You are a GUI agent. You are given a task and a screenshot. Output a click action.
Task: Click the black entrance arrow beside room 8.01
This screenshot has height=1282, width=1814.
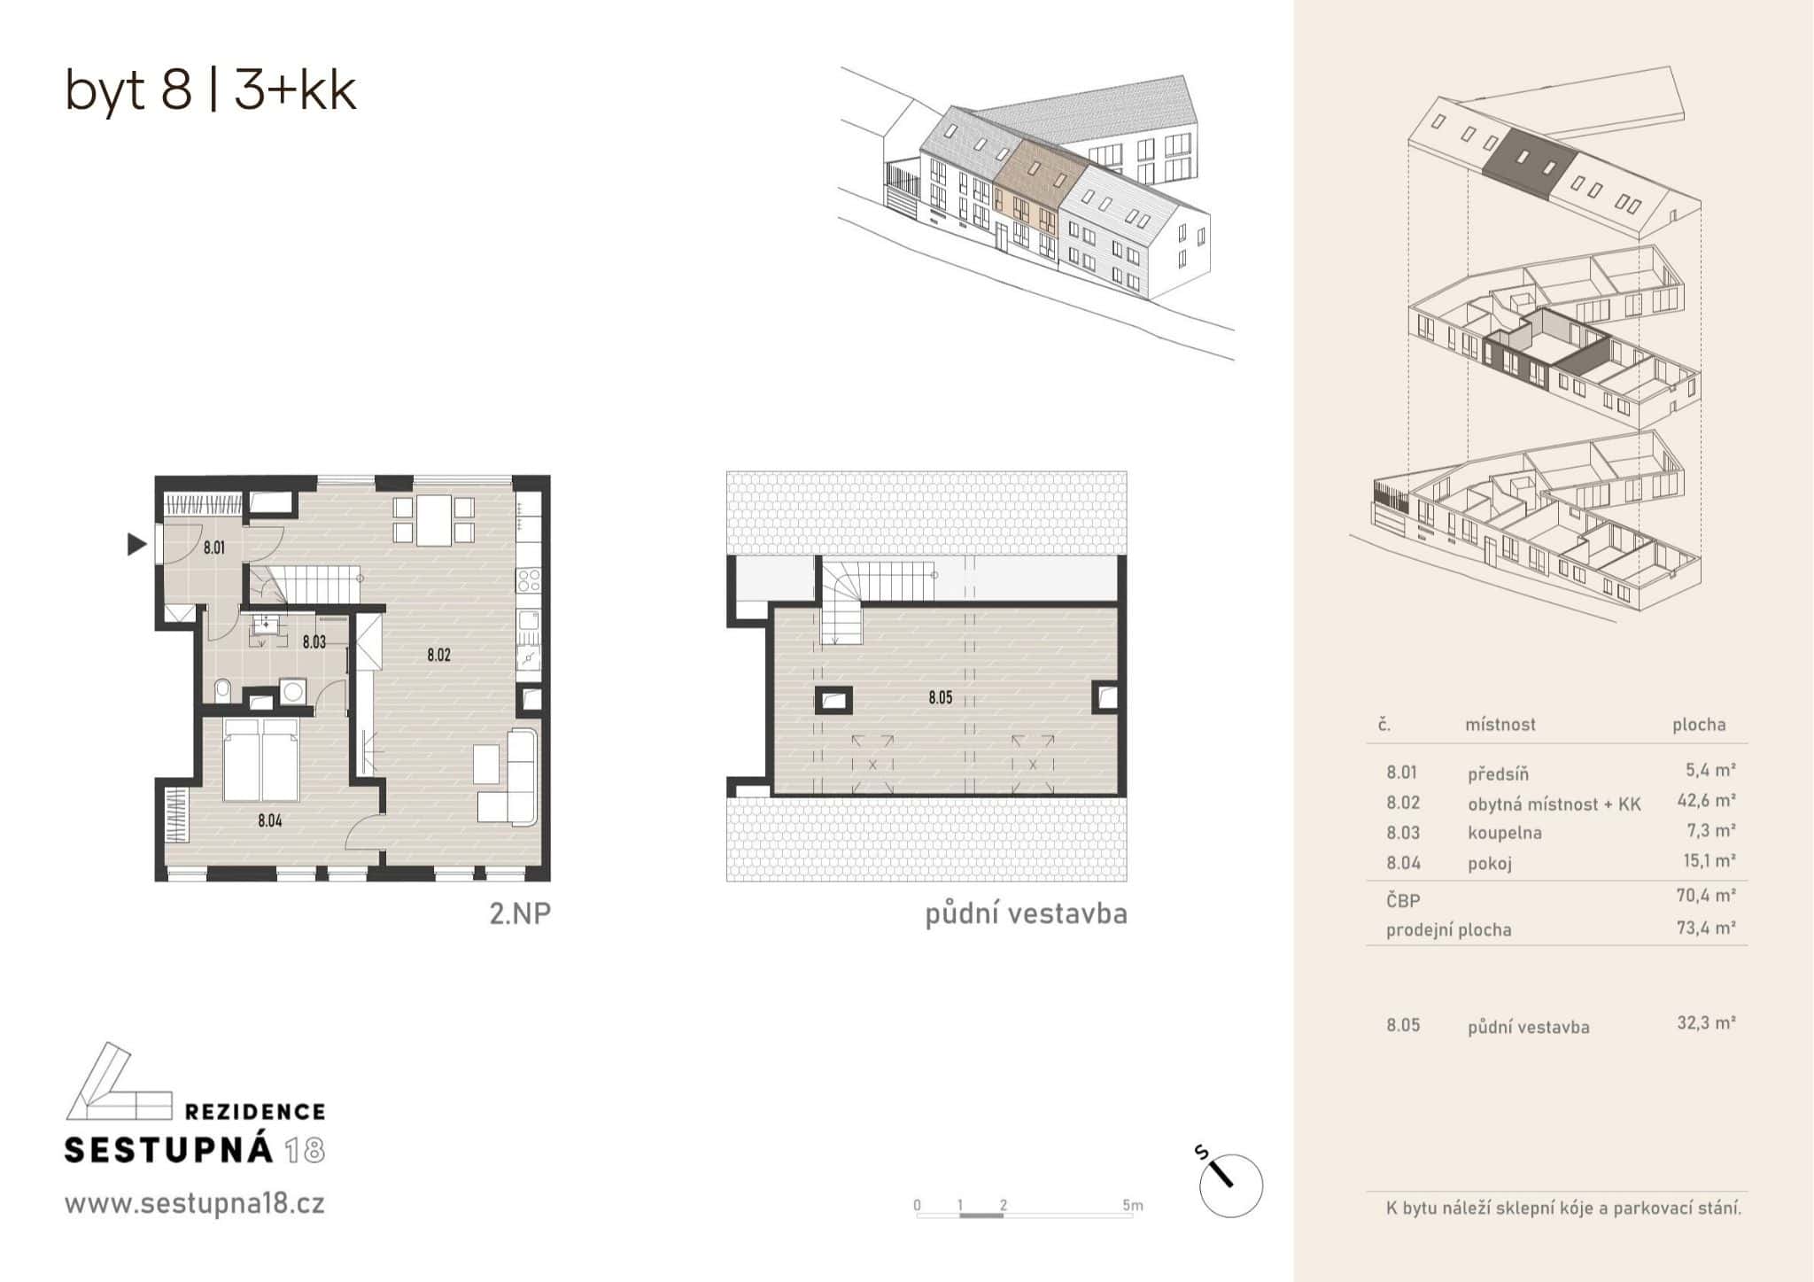(136, 544)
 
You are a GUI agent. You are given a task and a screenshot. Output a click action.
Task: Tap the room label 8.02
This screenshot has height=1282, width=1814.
(438, 656)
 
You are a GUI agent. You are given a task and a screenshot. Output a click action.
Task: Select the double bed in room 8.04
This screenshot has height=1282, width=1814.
(260, 759)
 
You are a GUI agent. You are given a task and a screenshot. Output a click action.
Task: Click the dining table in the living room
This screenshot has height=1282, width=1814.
(434, 520)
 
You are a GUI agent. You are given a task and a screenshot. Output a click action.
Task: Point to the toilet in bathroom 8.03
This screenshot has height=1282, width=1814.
(222, 689)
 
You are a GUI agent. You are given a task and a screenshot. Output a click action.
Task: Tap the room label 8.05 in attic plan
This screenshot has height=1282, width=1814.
(940, 698)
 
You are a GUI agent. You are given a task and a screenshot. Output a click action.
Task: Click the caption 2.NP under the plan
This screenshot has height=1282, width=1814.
(520, 913)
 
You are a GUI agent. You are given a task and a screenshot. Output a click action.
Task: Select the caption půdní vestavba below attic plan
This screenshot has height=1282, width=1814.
(1026, 914)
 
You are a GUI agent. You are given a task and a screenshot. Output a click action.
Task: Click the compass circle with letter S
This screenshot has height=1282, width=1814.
(1230, 1185)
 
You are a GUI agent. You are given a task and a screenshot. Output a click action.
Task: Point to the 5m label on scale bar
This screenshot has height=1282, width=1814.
(1132, 1206)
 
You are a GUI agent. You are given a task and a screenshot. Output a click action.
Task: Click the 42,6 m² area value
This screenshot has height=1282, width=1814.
(1705, 801)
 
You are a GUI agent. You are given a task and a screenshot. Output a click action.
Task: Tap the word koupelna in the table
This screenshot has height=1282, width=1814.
(1504, 833)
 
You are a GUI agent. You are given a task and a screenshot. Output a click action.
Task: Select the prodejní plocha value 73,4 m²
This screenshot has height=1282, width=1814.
(1705, 928)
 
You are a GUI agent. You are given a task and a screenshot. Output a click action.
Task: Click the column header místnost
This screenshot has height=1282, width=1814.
(1500, 725)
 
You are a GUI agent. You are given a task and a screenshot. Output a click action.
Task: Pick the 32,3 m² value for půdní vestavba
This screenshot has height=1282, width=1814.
(1705, 1023)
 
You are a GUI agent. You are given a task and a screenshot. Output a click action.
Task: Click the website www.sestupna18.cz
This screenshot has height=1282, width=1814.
(194, 1204)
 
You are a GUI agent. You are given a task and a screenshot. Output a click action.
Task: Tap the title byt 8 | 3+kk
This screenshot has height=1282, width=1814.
(211, 90)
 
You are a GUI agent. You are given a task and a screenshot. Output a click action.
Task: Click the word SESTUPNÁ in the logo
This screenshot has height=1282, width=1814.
(168, 1150)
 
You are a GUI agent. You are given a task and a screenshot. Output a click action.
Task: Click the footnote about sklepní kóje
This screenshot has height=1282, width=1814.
(1562, 1208)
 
